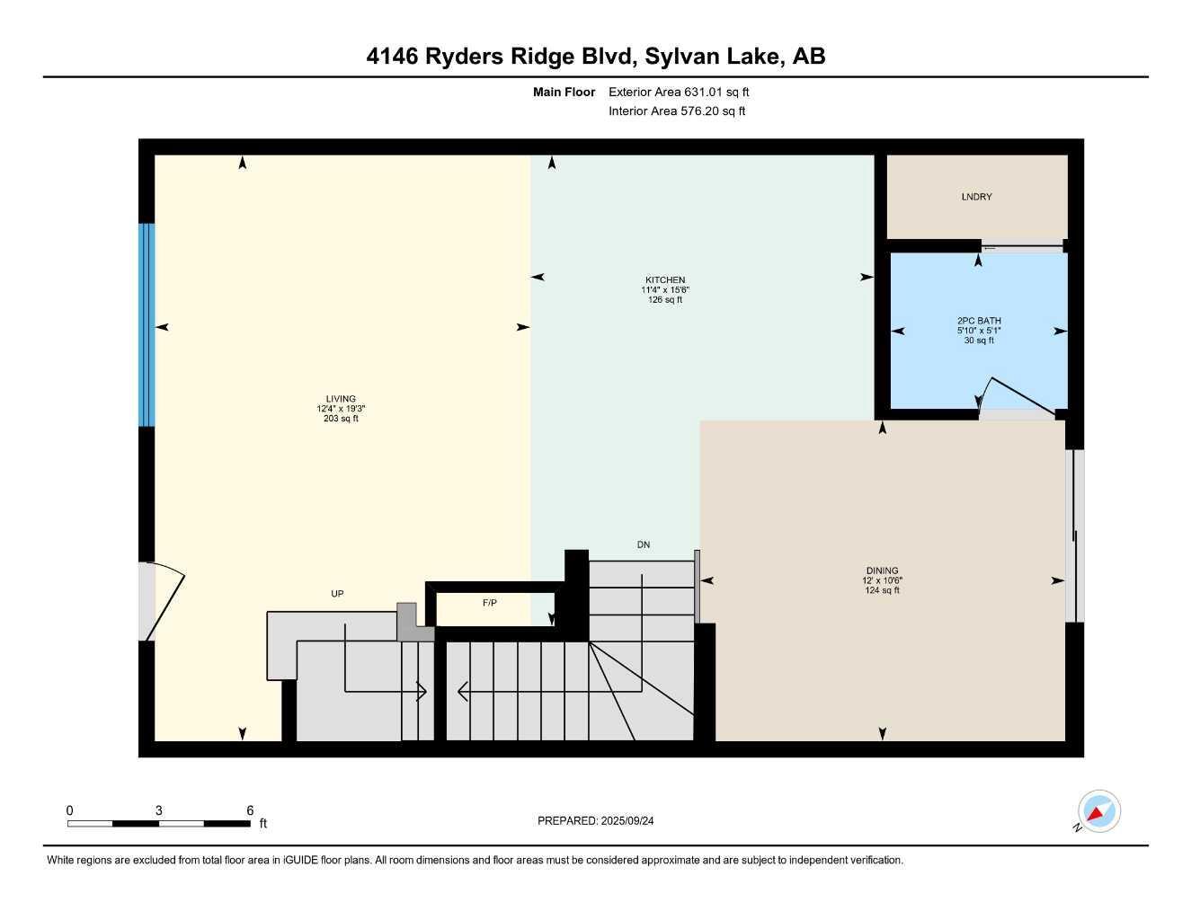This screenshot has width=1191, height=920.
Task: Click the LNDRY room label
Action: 976,197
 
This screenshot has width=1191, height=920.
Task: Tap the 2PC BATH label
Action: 979,321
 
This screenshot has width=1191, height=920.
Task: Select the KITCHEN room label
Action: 664,280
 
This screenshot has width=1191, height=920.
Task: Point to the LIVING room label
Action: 341,399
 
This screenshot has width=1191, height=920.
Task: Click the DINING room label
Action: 882,571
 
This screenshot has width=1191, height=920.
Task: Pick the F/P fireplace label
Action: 490,603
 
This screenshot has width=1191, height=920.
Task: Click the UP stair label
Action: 337,594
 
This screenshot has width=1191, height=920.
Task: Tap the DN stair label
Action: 644,544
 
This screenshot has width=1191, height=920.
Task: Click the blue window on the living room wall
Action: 147,324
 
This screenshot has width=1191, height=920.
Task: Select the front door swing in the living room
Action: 162,600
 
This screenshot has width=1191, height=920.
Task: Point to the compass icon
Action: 1098,812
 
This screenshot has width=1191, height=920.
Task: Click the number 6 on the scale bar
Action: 250,810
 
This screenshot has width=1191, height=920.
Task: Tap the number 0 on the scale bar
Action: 70,810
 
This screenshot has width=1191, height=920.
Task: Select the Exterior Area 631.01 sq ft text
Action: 679,92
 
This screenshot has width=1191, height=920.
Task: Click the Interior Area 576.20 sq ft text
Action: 677,111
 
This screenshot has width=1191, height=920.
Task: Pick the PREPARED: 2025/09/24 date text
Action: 595,820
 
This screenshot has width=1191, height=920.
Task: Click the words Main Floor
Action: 564,92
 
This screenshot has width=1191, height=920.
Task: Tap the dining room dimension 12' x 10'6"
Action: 882,580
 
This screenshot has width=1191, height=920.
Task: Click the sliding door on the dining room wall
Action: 1074,535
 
